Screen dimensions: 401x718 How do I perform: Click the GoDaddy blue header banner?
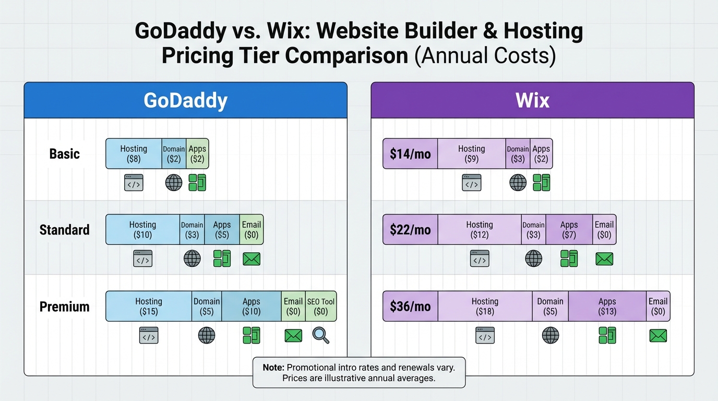185,100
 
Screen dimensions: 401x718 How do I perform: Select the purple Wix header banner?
532,100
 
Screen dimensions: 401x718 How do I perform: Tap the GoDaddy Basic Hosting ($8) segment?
134,154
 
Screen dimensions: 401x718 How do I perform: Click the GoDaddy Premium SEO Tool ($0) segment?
321,306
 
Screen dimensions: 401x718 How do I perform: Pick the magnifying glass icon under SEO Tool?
321,335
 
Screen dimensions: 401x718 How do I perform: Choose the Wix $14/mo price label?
410,154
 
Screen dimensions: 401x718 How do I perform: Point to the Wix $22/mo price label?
410,230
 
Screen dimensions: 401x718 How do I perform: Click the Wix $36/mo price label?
410,306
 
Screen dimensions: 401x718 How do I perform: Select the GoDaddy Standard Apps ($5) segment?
222,230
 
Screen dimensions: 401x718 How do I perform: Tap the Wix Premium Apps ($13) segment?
607,306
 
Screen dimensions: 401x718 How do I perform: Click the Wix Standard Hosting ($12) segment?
479,230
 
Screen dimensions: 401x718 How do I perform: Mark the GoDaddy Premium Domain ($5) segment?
207,306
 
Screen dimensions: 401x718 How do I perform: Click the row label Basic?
65,154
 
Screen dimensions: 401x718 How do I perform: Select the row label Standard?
65,230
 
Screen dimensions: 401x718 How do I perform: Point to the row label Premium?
65,306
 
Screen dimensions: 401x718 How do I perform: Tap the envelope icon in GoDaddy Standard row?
252,259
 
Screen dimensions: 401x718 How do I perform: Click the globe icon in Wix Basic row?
518,183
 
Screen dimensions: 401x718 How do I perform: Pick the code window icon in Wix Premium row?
485,336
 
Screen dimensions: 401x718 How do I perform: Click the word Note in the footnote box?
273,368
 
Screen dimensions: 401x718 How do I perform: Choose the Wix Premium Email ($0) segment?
658,306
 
